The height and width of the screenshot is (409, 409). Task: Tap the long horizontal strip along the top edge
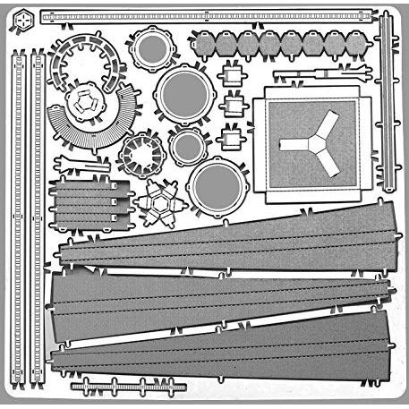tap(206, 17)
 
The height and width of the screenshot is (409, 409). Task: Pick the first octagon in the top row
tap(205, 42)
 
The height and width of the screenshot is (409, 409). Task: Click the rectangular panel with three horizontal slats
tap(90, 205)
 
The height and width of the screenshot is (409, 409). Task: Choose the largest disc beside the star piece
tap(217, 185)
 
